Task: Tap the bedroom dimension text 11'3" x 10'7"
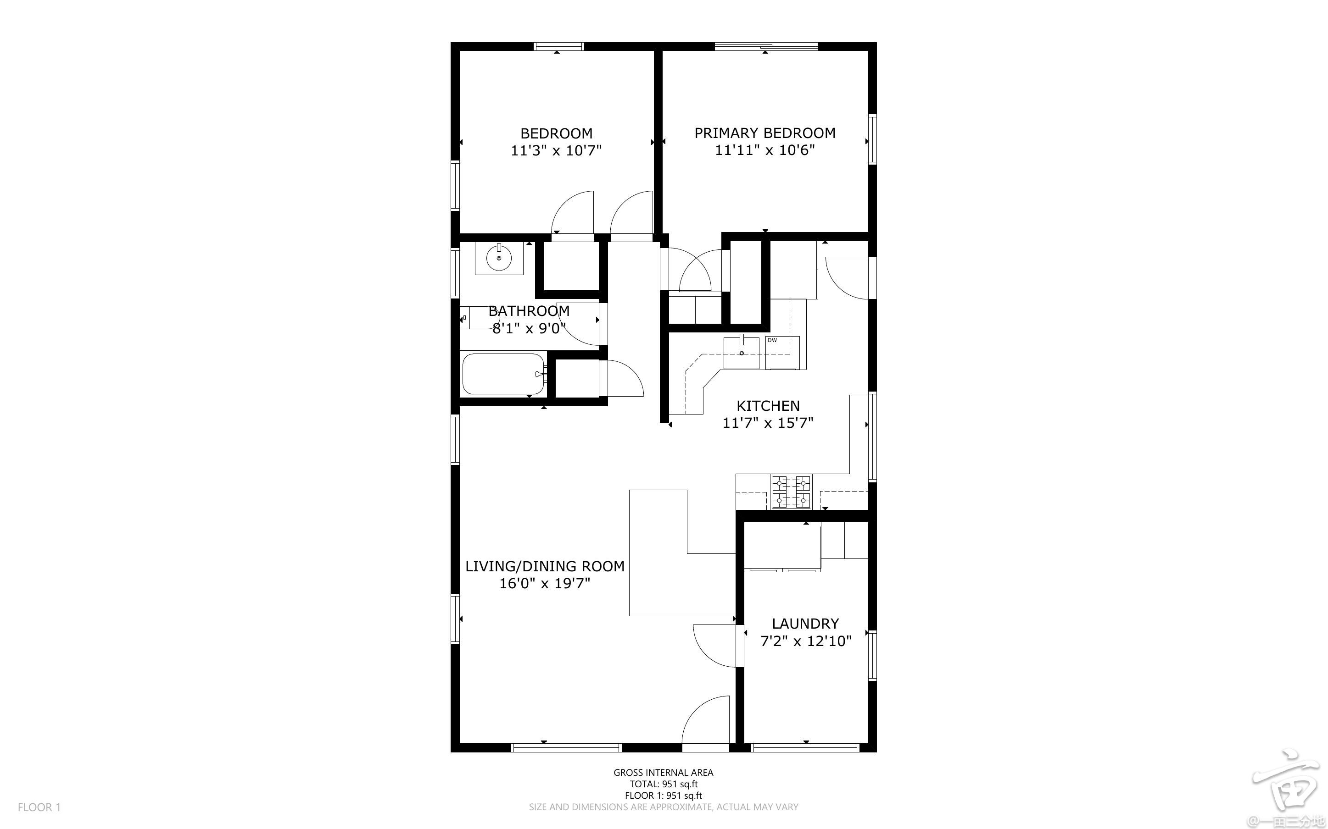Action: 556,150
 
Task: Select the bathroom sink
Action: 499,258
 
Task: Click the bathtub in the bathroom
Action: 503,374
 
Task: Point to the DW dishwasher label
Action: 772,341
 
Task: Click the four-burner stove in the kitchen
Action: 791,491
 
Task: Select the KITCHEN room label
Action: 768,406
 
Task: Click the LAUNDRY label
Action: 805,624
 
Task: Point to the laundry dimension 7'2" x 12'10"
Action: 806,641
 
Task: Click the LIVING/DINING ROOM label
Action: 545,566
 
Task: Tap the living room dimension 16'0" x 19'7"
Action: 545,583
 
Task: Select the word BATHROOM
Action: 529,311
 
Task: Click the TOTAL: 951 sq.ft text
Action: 664,784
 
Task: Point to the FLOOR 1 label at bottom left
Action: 39,807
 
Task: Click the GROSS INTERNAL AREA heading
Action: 663,773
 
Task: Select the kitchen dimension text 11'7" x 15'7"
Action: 768,423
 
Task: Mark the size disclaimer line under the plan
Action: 663,807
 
